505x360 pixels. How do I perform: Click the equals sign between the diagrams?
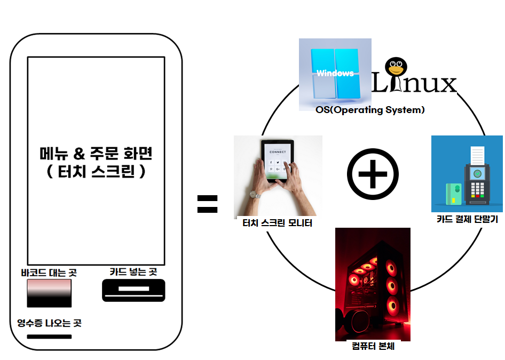tap(207, 204)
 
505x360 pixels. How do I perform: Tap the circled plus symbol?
tap(373, 174)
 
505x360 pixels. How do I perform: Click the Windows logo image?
tap(335, 71)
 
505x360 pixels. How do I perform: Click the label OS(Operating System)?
tap(370, 110)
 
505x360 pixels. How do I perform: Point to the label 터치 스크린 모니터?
tap(278, 223)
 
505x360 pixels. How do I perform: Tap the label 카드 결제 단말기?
tap(467, 219)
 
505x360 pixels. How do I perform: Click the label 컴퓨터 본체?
tap(373, 346)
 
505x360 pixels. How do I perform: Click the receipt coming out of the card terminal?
tap(477, 156)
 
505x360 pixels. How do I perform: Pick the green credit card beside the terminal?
tap(454, 193)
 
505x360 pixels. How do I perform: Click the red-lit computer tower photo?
tap(373, 284)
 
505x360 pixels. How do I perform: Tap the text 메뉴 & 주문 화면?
tap(97, 155)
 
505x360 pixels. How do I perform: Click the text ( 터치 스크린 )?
tap(97, 173)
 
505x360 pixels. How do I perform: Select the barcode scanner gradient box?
tap(49, 293)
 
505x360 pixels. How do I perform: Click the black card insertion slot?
tap(133, 290)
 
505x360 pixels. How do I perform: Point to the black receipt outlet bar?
tap(49, 337)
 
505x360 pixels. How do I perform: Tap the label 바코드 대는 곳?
tap(49, 273)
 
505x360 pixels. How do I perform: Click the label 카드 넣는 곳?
tap(133, 271)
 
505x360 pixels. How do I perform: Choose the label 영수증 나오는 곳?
tap(49, 323)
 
